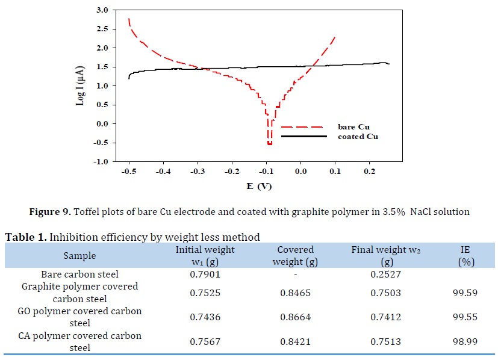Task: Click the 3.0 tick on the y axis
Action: click(x=102, y=10)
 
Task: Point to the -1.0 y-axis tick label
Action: click(x=101, y=161)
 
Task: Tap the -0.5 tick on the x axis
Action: click(x=129, y=172)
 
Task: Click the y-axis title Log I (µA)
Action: click(x=80, y=85)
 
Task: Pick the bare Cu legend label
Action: click(x=351, y=126)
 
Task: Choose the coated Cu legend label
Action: click(x=355, y=137)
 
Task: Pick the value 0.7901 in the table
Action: click(x=205, y=275)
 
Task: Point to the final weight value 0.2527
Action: click(x=379, y=275)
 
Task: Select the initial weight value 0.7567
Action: click(x=205, y=341)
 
